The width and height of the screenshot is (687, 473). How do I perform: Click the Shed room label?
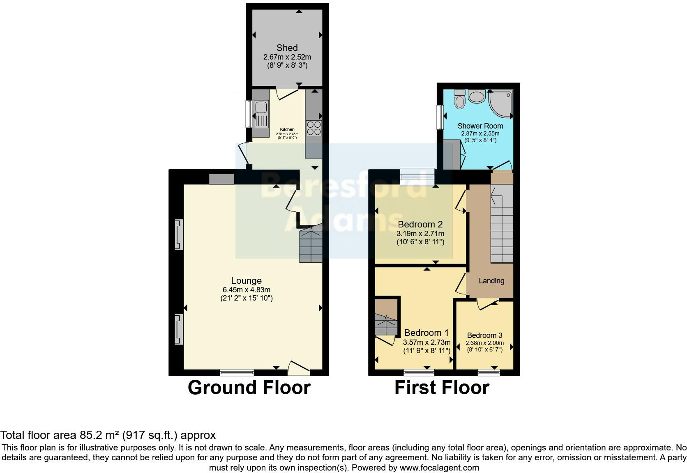pyautogui.click(x=287, y=48)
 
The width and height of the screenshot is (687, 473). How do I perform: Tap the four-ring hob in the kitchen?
pyautogui.click(x=314, y=128)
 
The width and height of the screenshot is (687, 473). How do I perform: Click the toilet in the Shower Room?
pyautogui.click(x=460, y=99)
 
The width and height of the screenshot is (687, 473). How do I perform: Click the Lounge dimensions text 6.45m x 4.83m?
pyautogui.click(x=246, y=289)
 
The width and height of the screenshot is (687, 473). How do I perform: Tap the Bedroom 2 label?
pyautogui.click(x=420, y=224)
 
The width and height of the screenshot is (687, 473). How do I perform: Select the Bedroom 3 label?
pyautogui.click(x=484, y=335)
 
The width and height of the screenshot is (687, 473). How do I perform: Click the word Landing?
pyautogui.click(x=491, y=281)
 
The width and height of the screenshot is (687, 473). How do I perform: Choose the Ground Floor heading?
pyautogui.click(x=249, y=388)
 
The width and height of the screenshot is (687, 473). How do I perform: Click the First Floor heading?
pyautogui.click(x=442, y=388)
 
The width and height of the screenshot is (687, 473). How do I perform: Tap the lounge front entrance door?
pyautogui.click(x=298, y=368)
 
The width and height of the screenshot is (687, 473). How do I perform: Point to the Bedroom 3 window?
pyautogui.click(x=489, y=372)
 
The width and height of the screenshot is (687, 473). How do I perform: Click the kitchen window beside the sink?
pyautogui.click(x=249, y=114)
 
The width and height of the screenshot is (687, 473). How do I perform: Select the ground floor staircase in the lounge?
pyautogui.click(x=311, y=246)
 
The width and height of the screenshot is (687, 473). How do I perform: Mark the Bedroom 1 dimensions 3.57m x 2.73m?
pyautogui.click(x=426, y=342)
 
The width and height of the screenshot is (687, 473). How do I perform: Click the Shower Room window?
pyautogui.click(x=440, y=117)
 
